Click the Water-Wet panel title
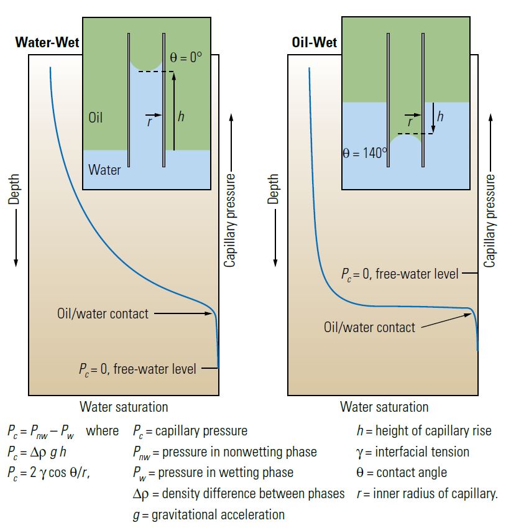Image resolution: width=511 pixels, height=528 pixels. tap(47, 44)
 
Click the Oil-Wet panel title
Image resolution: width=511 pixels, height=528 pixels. tap(315, 44)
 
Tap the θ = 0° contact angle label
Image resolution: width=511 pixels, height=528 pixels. tap(186, 58)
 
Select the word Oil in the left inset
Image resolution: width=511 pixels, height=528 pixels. tap(96, 117)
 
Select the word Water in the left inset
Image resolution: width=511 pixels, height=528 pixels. tap(104, 169)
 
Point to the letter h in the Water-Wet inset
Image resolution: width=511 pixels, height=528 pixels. tap(182, 116)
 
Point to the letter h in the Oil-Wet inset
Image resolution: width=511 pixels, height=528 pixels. tap(440, 116)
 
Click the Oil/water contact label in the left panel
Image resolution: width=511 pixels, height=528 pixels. tap(103, 313)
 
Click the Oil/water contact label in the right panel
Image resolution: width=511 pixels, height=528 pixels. tap(369, 327)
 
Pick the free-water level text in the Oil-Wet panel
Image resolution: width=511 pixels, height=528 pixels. tap(399, 273)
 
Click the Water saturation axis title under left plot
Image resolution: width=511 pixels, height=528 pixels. tap(124, 407)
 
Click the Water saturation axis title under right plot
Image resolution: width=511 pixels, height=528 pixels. tap(384, 407)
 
